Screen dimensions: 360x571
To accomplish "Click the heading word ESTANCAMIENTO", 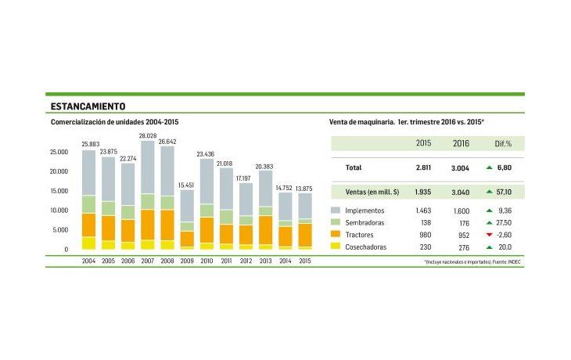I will tap(88, 106).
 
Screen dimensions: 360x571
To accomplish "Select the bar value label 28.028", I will tap(148, 135).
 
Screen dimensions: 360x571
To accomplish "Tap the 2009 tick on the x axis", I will tap(187, 260).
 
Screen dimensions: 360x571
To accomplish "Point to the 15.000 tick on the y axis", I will tap(59, 191).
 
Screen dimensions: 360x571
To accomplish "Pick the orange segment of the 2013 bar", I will tap(265, 229).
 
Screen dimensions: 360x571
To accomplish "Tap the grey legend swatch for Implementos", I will tap(336, 211).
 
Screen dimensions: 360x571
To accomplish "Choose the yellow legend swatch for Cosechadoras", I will tap(336, 247).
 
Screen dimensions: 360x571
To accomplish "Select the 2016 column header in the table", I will tap(461, 144).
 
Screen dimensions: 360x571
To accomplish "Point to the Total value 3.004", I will tap(460, 167).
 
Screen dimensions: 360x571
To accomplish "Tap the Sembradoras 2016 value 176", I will tap(461, 223).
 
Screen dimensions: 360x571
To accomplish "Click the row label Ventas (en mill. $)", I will tap(373, 191).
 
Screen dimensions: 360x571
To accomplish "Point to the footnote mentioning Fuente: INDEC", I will tap(473, 261).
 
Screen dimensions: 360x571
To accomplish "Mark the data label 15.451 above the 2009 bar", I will tap(187, 184).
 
